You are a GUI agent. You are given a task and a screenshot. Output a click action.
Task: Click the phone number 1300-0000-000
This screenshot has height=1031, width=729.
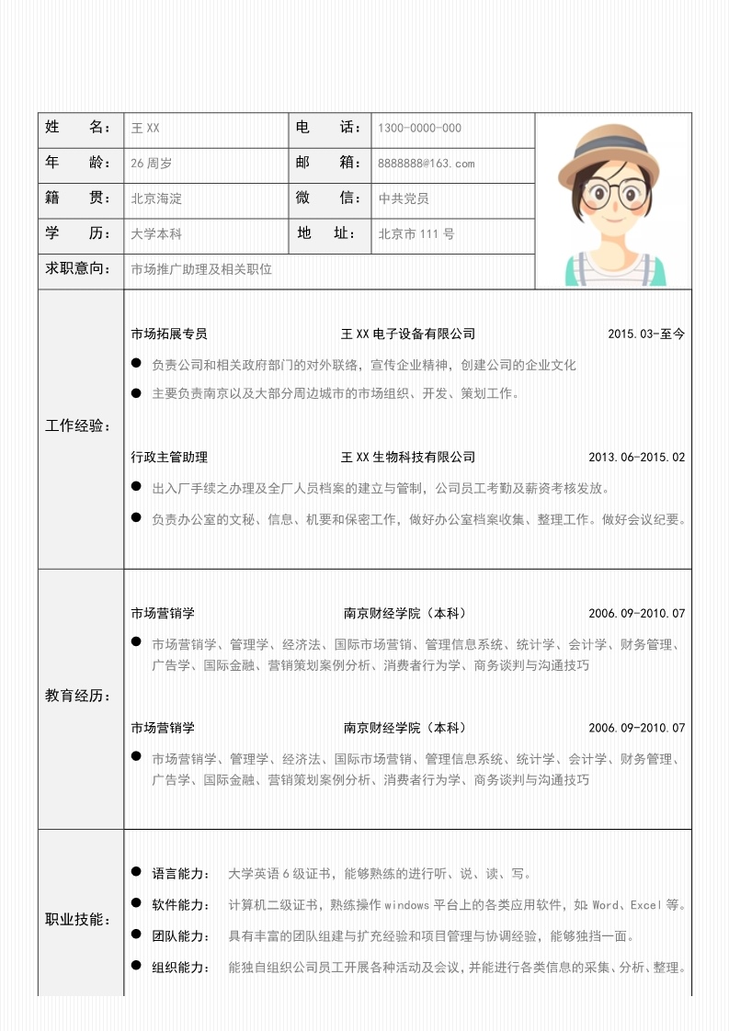pyautogui.click(x=419, y=129)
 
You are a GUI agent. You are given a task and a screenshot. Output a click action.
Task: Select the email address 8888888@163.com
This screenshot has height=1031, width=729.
pyautogui.click(x=426, y=164)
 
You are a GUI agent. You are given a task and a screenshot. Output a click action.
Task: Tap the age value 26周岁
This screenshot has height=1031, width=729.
pyautogui.click(x=152, y=164)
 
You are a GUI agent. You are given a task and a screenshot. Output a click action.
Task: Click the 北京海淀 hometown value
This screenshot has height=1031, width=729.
pyautogui.click(x=156, y=198)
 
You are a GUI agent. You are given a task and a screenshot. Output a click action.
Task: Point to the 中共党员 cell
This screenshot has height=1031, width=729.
pyautogui.click(x=404, y=198)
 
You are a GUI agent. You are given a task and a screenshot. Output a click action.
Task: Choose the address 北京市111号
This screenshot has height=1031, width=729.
pyautogui.click(x=416, y=234)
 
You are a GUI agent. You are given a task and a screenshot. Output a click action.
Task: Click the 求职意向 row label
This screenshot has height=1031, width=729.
pyautogui.click(x=79, y=269)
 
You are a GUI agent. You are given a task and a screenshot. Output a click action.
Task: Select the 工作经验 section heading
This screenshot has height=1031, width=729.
pyautogui.click(x=79, y=426)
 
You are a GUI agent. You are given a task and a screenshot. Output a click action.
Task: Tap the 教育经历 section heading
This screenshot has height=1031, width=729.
pyautogui.click(x=79, y=697)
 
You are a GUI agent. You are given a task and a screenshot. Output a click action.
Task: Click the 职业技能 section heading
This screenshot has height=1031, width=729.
pyautogui.click(x=79, y=920)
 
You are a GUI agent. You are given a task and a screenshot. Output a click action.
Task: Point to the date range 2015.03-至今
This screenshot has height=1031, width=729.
pyautogui.click(x=646, y=334)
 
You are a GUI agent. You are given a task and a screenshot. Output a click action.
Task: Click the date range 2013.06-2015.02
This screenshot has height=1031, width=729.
pyautogui.click(x=636, y=458)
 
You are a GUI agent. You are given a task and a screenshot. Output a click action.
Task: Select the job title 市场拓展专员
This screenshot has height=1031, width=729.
pyautogui.click(x=169, y=334)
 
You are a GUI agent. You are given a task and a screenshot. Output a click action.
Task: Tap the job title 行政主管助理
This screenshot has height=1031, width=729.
pyautogui.click(x=169, y=458)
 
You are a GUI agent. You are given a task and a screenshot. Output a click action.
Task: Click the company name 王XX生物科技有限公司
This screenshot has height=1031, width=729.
pyautogui.click(x=408, y=458)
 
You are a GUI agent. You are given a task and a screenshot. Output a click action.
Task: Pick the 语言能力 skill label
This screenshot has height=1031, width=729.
pyautogui.click(x=181, y=874)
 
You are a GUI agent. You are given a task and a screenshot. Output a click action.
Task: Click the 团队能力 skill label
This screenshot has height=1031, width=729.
pyautogui.click(x=181, y=936)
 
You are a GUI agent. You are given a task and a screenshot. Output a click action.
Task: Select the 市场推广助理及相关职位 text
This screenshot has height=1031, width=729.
pyautogui.click(x=202, y=269)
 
